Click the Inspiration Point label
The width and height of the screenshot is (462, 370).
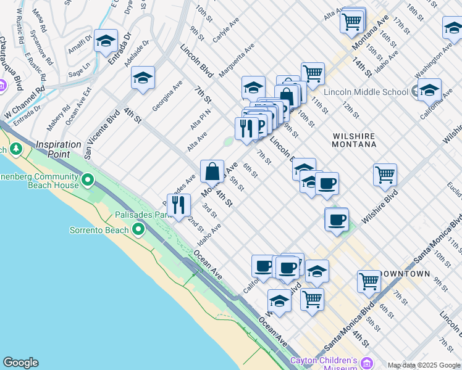point(59,149)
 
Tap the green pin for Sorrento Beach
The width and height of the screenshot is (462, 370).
point(138,230)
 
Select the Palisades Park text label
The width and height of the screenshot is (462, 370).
point(141,215)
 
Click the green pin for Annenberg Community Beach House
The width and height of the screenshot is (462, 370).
point(88,181)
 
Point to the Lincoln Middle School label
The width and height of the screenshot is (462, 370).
point(367,92)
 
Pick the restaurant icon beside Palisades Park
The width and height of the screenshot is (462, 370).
point(178,205)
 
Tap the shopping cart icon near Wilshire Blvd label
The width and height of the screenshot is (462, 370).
point(385,175)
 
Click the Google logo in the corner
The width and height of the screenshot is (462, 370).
point(20,363)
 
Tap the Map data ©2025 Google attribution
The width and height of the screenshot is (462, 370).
point(423,365)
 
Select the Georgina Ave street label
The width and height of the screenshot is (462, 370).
point(167,96)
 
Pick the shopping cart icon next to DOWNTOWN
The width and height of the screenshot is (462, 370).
point(369,281)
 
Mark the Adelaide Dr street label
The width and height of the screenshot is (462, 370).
point(137,54)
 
